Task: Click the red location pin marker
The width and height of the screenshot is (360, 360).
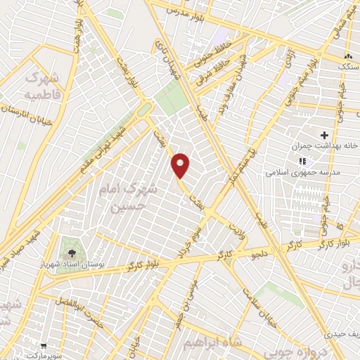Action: (181, 165)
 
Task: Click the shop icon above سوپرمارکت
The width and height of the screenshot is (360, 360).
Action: (44, 346)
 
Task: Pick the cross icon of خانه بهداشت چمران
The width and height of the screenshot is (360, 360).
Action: (324, 134)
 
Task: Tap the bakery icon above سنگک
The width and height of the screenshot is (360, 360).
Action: (347, 55)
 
